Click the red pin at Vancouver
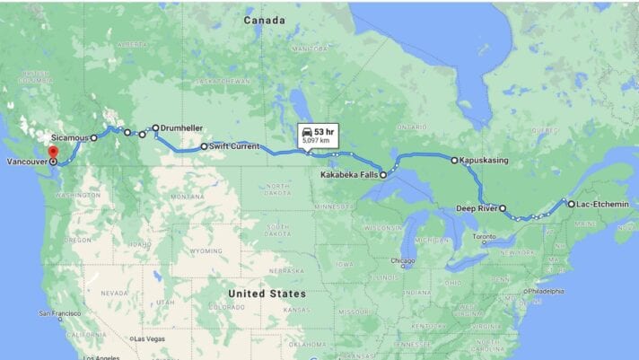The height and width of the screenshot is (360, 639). coord(52,152)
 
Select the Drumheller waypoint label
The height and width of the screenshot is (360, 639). coord(182,128)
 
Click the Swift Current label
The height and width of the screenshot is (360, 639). coord(235,145)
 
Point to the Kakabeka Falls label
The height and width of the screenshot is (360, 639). coord(350,175)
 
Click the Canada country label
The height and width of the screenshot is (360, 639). coord(265,20)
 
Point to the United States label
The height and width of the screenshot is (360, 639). coord(267,294)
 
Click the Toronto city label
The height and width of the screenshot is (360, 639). coord(484,236)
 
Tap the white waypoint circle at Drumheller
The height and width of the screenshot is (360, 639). coord(155,128)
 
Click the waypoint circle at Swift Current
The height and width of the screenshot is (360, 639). coord(204,145)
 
